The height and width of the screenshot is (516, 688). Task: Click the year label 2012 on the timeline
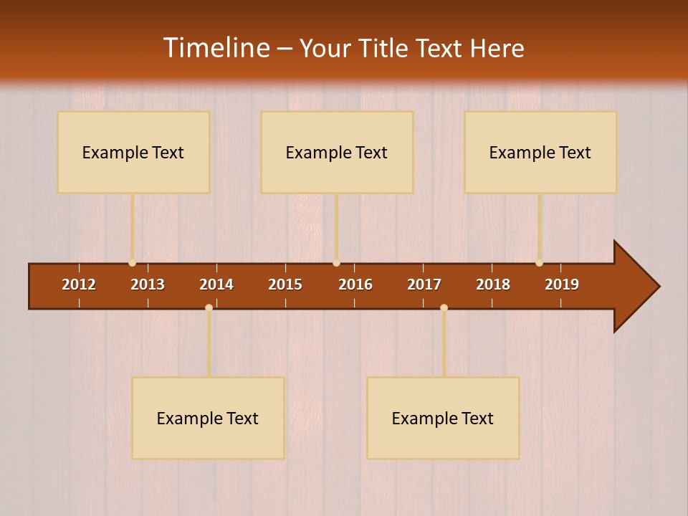tap(79, 285)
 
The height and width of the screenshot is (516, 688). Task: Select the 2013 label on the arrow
tap(148, 285)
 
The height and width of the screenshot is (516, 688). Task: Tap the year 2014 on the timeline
tap(216, 285)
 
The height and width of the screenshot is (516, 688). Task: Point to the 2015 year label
tap(285, 285)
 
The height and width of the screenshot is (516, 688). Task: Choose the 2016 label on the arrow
tap(355, 285)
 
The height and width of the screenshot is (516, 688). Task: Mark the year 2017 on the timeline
tap(424, 285)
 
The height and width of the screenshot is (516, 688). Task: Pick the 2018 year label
tap(493, 285)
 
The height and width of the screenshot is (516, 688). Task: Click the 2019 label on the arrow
tap(562, 285)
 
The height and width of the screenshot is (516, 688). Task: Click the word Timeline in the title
tap(216, 48)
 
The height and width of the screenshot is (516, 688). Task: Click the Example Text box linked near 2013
tap(133, 152)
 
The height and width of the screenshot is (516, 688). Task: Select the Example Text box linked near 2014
tap(208, 418)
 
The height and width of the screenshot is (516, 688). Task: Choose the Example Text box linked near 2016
tap(337, 152)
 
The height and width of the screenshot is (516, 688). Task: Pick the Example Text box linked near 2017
tap(443, 418)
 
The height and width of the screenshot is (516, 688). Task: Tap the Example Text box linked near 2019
tap(540, 152)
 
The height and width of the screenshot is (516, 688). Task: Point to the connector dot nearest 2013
tap(133, 263)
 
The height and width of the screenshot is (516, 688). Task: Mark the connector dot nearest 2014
tap(209, 307)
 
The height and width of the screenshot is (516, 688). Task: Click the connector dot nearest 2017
tap(444, 307)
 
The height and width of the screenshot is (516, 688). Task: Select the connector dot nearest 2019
tap(539, 263)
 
